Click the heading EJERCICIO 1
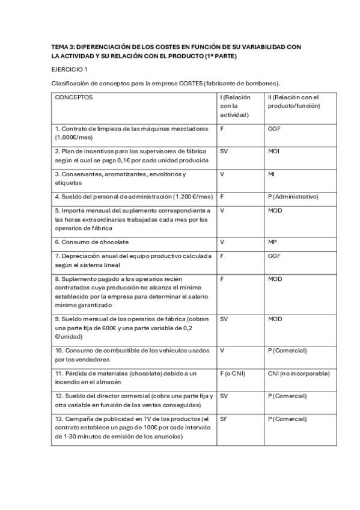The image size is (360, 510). click(x=69, y=70)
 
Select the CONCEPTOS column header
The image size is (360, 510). click(x=74, y=97)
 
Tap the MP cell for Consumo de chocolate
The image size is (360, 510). click(x=272, y=242)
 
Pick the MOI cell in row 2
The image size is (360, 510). click(x=273, y=151)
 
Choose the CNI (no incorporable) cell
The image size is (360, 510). click(x=299, y=373)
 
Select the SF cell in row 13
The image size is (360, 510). click(x=224, y=419)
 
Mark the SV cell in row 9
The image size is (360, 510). click(x=224, y=319)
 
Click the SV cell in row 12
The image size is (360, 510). click(x=224, y=396)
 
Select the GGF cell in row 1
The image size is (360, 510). click(x=274, y=129)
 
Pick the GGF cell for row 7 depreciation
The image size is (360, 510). click(x=274, y=256)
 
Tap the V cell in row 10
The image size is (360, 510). click(x=222, y=351)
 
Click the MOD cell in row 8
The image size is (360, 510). click(x=275, y=279)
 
